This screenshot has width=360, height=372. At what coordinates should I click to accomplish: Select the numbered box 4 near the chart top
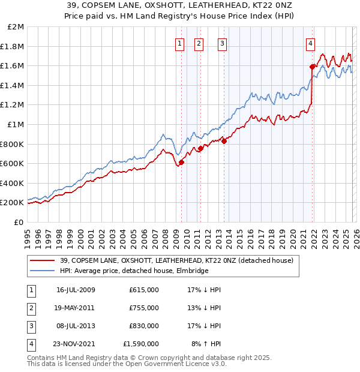tap(310, 43)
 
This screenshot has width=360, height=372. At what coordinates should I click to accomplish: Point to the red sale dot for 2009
tap(181, 162)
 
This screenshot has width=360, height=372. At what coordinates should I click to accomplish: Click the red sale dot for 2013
tap(224, 141)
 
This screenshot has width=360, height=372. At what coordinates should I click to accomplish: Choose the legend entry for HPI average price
tap(134, 271)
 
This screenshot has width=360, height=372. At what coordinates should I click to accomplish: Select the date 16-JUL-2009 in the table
tap(76, 290)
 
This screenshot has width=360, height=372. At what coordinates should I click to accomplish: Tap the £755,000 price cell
tap(144, 308)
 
